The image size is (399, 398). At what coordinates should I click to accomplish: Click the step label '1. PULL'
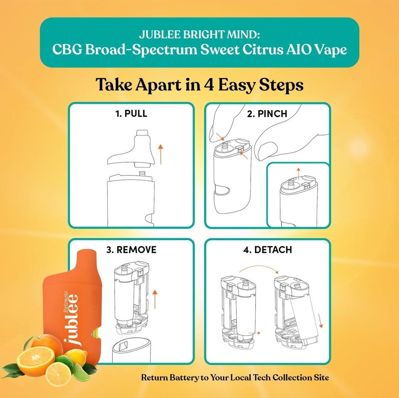tap(131, 113)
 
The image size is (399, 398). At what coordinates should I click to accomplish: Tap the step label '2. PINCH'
tap(267, 114)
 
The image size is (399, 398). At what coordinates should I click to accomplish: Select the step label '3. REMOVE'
tap(131, 249)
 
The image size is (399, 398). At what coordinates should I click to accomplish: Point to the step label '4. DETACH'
tap(267, 249)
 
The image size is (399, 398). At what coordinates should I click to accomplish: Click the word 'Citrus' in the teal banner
tap(262, 50)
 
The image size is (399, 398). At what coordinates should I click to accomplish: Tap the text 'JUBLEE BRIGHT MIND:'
tap(200, 34)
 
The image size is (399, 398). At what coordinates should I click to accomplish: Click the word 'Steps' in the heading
tap(281, 85)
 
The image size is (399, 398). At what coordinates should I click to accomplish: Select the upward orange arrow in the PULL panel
tap(160, 154)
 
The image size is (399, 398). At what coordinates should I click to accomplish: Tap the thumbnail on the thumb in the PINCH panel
tap(267, 150)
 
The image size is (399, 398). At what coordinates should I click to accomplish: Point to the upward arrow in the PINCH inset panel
tap(298, 173)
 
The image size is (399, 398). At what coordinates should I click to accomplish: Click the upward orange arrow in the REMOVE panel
tap(155, 300)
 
